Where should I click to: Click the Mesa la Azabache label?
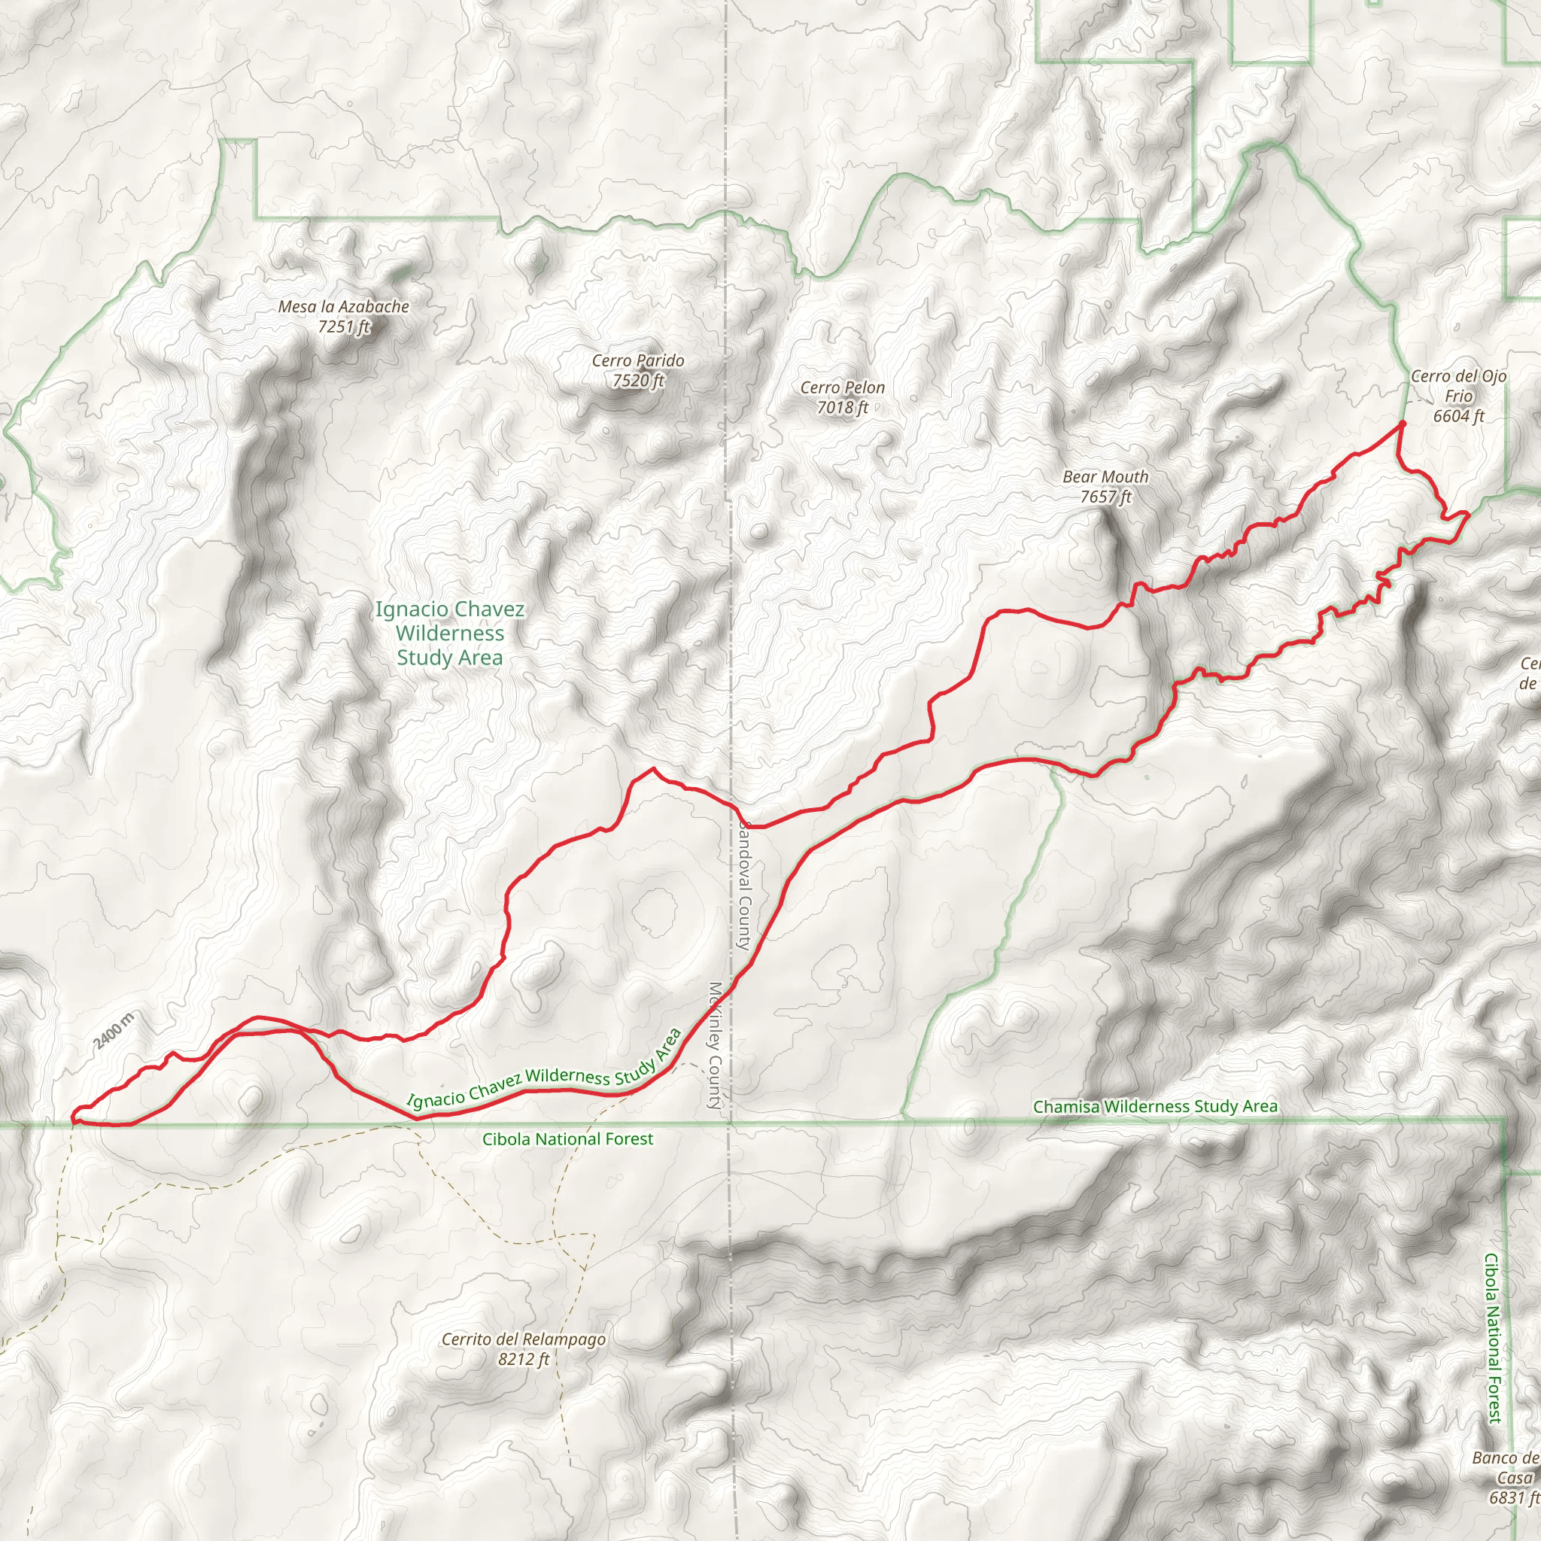343,306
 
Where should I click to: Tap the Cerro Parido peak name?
637,360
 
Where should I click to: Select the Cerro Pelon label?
842,388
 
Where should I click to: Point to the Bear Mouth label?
1105,477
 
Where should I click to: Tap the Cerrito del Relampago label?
523,1339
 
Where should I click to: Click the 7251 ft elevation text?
344,327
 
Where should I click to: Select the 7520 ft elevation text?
638,381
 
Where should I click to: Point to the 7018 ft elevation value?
842,408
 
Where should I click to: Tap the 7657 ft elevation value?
1105,497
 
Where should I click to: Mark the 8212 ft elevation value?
523,1359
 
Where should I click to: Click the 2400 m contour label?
114,1030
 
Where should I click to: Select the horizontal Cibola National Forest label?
567,1139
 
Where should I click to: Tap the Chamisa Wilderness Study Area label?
1155,1106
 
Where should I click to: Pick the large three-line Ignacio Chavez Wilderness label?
450,634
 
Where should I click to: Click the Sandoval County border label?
743,886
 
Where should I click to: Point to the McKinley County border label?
716,1045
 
